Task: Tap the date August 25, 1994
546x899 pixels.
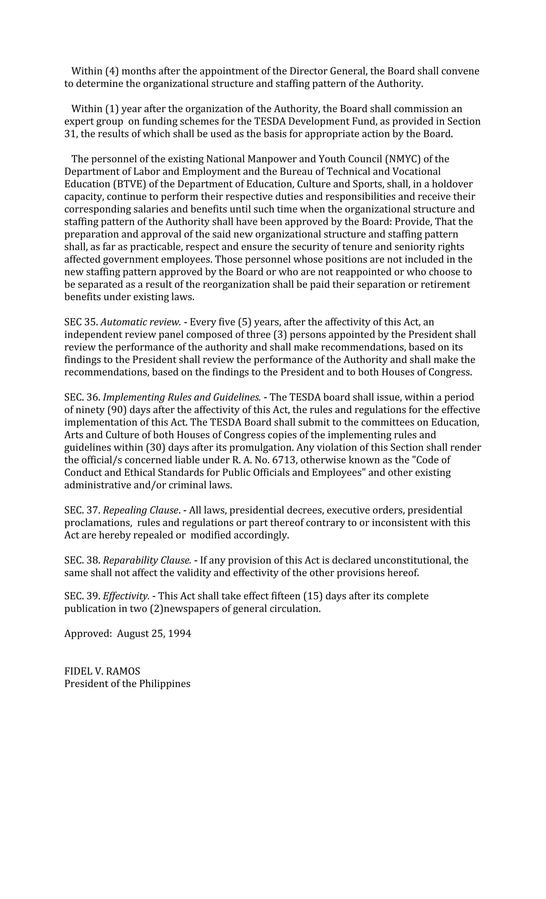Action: click(154, 633)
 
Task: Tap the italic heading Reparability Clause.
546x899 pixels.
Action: click(147, 560)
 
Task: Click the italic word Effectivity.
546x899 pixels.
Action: click(126, 596)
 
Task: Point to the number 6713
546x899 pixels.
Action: click(283, 460)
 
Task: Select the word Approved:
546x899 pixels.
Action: click(88, 633)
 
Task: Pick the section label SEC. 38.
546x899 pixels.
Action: click(82, 560)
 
